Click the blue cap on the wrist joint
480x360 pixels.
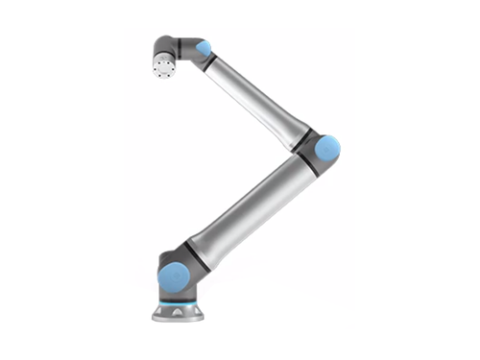tap(203, 48)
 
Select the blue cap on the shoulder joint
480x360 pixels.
tap(172, 276)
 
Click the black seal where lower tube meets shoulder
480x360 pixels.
tap(195, 252)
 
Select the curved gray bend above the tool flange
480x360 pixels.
tap(167, 44)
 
